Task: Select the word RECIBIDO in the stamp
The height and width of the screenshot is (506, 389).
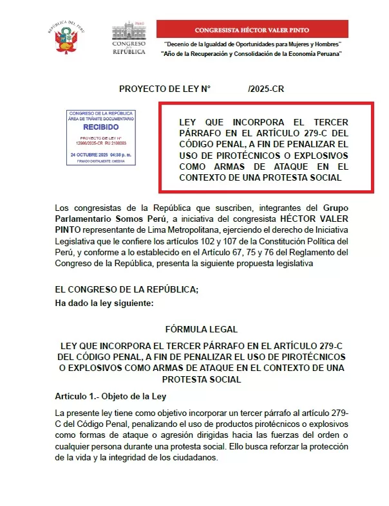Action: (101, 127)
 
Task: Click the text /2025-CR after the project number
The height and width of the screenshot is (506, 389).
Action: (265, 89)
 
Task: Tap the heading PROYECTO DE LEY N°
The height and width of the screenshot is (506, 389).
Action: (165, 89)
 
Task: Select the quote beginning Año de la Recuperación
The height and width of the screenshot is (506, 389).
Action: (251, 53)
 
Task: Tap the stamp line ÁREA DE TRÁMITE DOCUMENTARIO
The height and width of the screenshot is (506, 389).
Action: (101, 119)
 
